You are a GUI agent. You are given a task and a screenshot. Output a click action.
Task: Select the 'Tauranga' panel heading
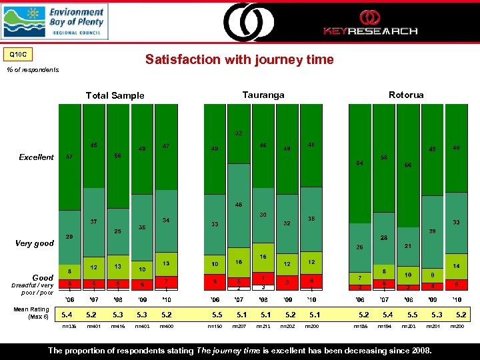(263, 95)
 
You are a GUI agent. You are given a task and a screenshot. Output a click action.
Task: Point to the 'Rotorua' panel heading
(406, 95)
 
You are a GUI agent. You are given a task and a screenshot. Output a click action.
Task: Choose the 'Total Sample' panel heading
(115, 95)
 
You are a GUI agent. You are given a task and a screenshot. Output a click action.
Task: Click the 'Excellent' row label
(37, 157)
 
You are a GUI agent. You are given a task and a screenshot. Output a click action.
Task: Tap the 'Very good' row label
(35, 243)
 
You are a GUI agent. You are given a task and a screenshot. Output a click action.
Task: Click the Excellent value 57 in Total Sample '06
(69, 158)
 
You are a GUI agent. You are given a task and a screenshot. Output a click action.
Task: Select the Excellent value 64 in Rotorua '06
(360, 163)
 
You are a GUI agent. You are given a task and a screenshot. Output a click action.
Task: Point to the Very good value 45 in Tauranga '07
(238, 205)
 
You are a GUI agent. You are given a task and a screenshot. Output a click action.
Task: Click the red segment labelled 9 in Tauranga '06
(215, 281)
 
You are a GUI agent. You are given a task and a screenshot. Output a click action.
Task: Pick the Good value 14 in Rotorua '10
(456, 265)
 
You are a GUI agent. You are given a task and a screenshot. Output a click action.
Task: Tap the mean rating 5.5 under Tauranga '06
(217, 315)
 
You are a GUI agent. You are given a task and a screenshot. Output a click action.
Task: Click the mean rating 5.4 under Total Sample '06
(67, 315)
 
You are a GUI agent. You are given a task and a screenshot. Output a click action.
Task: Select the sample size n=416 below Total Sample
(118, 327)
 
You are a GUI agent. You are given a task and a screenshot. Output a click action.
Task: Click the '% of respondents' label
(33, 69)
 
